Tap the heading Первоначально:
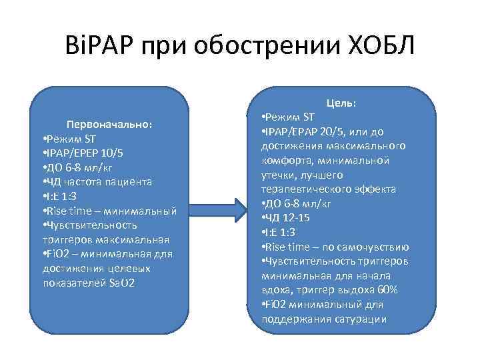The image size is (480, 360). pyautogui.click(x=109, y=124)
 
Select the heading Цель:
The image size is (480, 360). pyautogui.click(x=341, y=103)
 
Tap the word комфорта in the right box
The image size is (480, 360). pyautogui.click(x=285, y=160)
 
